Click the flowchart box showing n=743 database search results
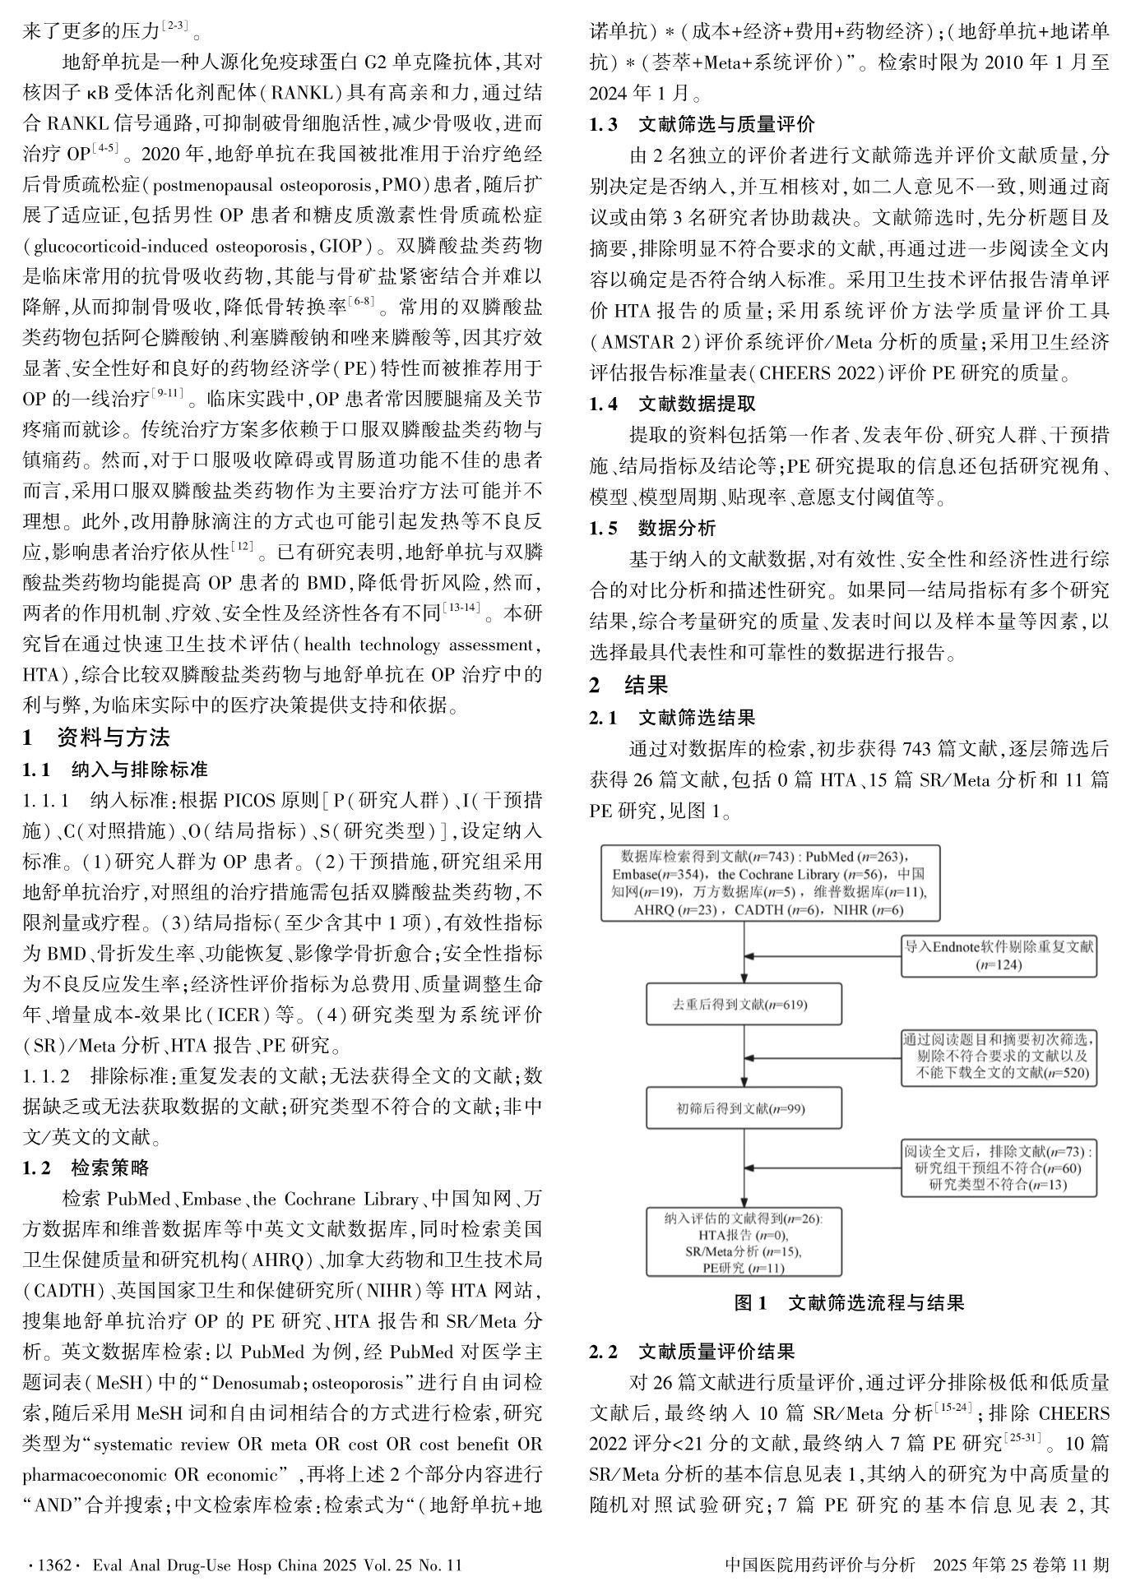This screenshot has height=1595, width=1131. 770,881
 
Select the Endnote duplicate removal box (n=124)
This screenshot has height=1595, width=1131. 999,955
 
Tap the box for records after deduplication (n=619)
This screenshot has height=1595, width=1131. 744,1004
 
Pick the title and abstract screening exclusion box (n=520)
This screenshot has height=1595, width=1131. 999,1056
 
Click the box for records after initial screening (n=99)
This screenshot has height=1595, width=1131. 744,1108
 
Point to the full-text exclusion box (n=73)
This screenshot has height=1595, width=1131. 999,1167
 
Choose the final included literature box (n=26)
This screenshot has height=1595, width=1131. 744,1241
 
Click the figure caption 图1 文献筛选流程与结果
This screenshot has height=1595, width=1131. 849,1303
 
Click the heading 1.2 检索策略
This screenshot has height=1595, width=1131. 86,1168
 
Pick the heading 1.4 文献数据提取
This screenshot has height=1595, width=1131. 672,404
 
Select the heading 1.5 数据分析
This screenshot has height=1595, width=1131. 652,528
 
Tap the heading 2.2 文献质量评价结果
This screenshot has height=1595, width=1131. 692,1352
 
